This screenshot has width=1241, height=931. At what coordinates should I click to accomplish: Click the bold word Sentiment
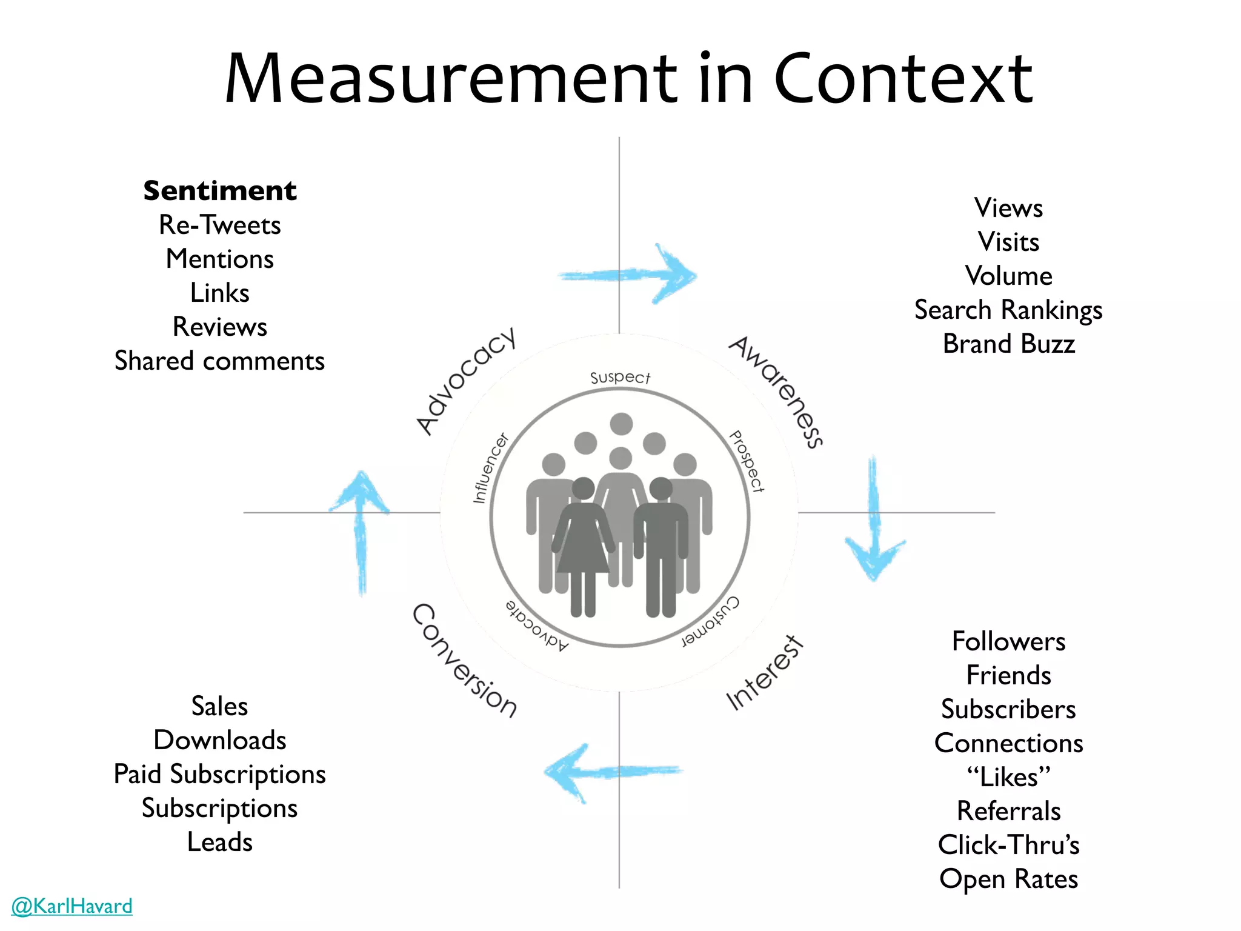click(x=219, y=191)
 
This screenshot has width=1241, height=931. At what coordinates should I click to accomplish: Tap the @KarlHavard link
click(x=72, y=906)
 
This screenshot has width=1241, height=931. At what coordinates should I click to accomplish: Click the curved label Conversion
click(x=464, y=661)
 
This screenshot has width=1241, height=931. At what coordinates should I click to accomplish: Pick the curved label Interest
click(x=765, y=673)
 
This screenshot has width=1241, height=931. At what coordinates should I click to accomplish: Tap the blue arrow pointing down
click(x=873, y=521)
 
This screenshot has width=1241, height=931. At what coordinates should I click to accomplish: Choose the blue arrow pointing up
click(x=361, y=527)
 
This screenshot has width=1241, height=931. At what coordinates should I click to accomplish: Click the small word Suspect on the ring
click(x=620, y=378)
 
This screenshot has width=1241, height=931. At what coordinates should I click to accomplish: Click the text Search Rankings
click(x=1008, y=310)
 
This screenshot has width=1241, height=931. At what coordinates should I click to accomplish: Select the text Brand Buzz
click(x=1008, y=344)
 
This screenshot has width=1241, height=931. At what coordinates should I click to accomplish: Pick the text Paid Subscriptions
click(x=219, y=775)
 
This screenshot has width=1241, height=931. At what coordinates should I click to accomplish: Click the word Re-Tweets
click(x=219, y=225)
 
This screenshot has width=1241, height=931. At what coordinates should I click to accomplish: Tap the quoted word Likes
click(x=1008, y=777)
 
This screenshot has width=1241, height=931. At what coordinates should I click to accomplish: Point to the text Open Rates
click(x=1008, y=879)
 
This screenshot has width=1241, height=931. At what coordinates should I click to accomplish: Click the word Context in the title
click(x=903, y=79)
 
